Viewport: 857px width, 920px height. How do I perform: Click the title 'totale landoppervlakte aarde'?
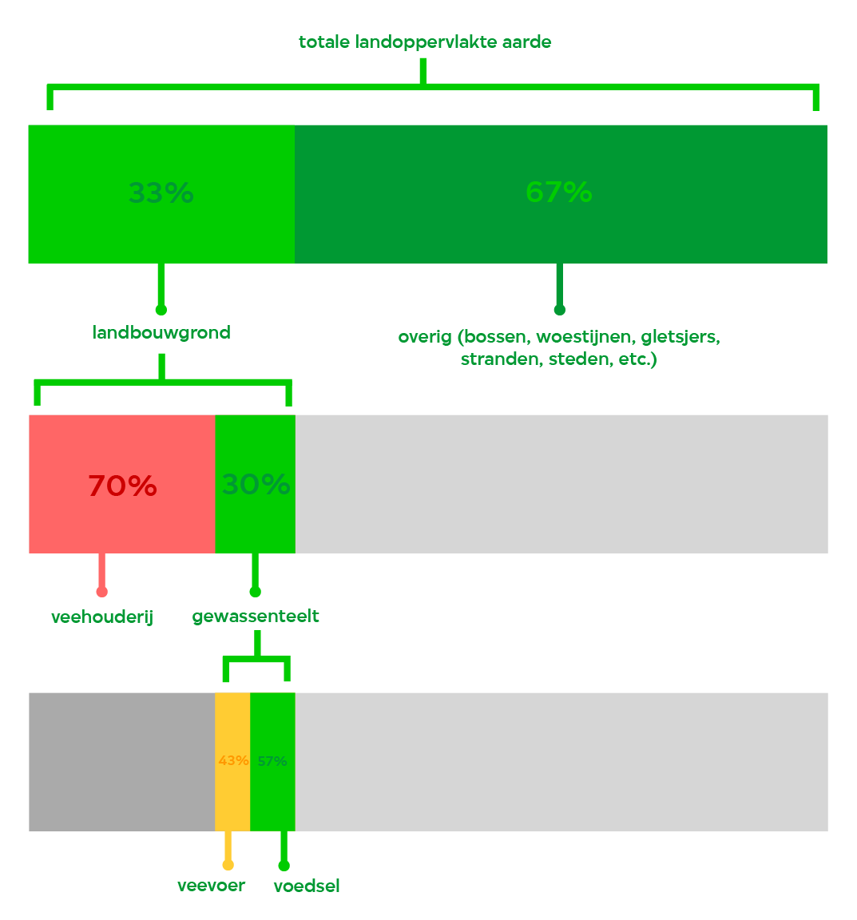click(425, 42)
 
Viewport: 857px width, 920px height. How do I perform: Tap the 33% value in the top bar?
click(161, 192)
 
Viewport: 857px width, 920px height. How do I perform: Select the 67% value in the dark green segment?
click(559, 192)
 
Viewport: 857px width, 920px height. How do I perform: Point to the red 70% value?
click(123, 486)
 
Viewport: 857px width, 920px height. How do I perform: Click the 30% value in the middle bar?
click(256, 485)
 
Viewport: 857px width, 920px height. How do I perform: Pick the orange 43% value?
click(233, 761)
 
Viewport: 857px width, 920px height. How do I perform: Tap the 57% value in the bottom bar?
click(272, 761)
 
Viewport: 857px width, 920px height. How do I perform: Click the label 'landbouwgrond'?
click(161, 333)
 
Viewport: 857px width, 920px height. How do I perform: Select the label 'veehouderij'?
click(102, 617)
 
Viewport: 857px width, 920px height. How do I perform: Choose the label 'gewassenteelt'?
click(256, 617)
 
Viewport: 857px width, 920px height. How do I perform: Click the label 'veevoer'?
click(212, 886)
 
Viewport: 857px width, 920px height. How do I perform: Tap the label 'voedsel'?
click(307, 886)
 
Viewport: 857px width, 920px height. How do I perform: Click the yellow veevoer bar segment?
click(232, 762)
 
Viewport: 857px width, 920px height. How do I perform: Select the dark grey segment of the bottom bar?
click(122, 762)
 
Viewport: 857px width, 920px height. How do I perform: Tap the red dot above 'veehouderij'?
click(102, 592)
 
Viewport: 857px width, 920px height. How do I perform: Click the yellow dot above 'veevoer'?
click(228, 865)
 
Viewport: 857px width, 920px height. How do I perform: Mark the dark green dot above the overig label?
click(559, 310)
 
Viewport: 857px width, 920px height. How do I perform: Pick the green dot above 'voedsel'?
click(284, 866)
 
